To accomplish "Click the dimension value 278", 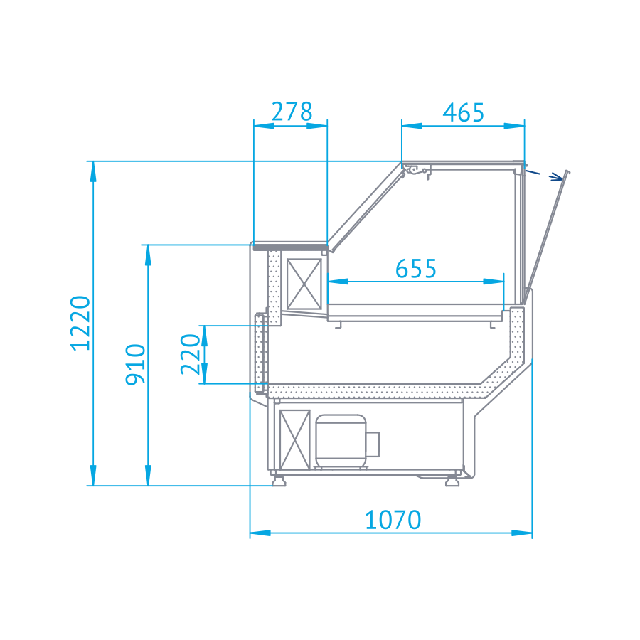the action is point(292,112).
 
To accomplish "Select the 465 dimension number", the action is point(463,112).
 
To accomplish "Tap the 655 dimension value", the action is point(416,269).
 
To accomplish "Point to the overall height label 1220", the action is point(80,323).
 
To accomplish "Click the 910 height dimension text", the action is point(136,365).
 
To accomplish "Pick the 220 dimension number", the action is point(191,354).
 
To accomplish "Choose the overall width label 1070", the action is point(393,520).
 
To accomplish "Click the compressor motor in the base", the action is point(341,441).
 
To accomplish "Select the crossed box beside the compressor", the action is point(294,439).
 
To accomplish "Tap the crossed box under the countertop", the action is point(304,284).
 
